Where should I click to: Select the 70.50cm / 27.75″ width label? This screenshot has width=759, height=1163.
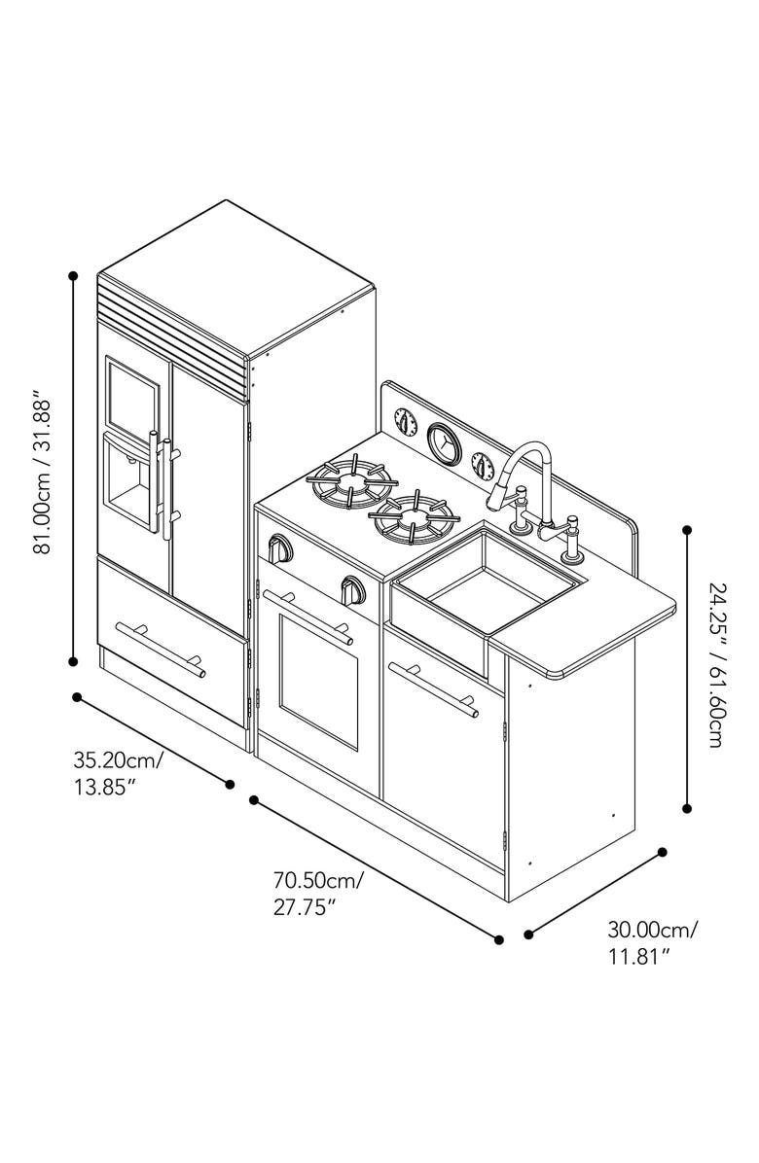point(319,894)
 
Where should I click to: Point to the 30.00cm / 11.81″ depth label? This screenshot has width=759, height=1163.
point(653,942)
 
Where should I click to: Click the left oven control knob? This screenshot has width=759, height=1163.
point(280,548)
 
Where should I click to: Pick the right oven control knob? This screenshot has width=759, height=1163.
point(351,588)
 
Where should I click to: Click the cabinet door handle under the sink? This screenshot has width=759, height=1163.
point(433,689)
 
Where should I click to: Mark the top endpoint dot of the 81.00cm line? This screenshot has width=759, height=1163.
point(73,276)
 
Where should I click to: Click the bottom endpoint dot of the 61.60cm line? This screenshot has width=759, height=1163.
point(688,807)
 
